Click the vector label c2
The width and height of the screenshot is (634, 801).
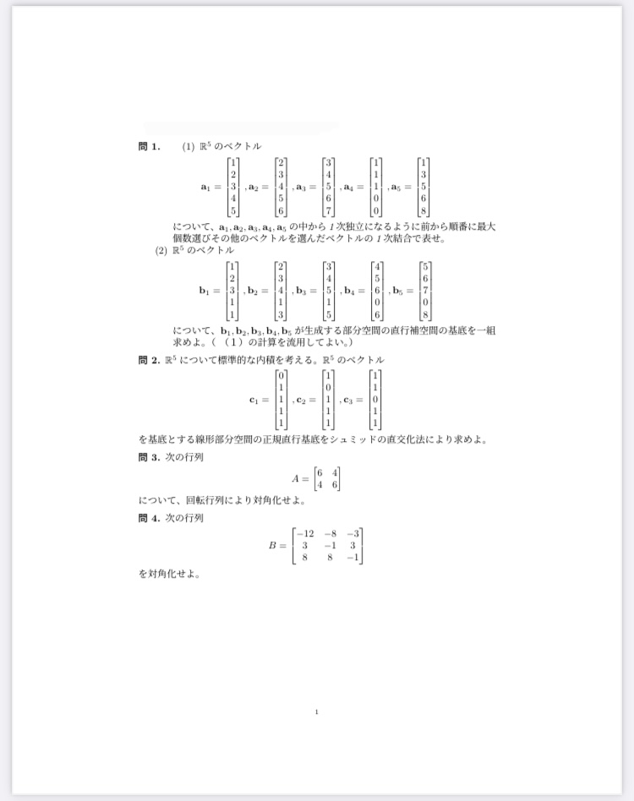302,400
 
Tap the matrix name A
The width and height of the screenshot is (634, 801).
296,479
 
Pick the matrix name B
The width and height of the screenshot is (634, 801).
273,546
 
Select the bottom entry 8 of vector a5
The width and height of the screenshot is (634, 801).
424,210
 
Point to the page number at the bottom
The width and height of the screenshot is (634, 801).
316,711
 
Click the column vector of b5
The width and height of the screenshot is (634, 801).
424,292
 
